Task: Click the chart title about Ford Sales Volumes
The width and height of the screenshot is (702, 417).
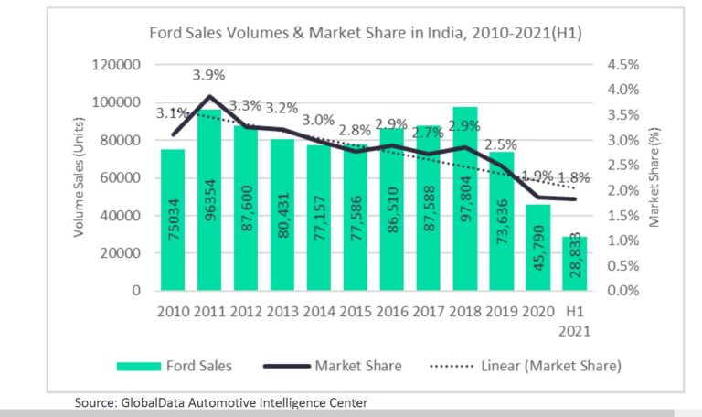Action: coord(366,34)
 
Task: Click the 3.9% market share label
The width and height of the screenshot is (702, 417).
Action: coord(209,73)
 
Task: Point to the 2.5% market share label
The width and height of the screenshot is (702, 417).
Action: coord(500,144)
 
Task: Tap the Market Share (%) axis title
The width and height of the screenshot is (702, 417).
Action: coord(654,177)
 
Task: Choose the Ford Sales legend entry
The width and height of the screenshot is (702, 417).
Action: coord(175,366)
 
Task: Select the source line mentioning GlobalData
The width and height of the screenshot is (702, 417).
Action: coord(224,401)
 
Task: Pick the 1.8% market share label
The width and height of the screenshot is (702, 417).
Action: coord(575,177)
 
